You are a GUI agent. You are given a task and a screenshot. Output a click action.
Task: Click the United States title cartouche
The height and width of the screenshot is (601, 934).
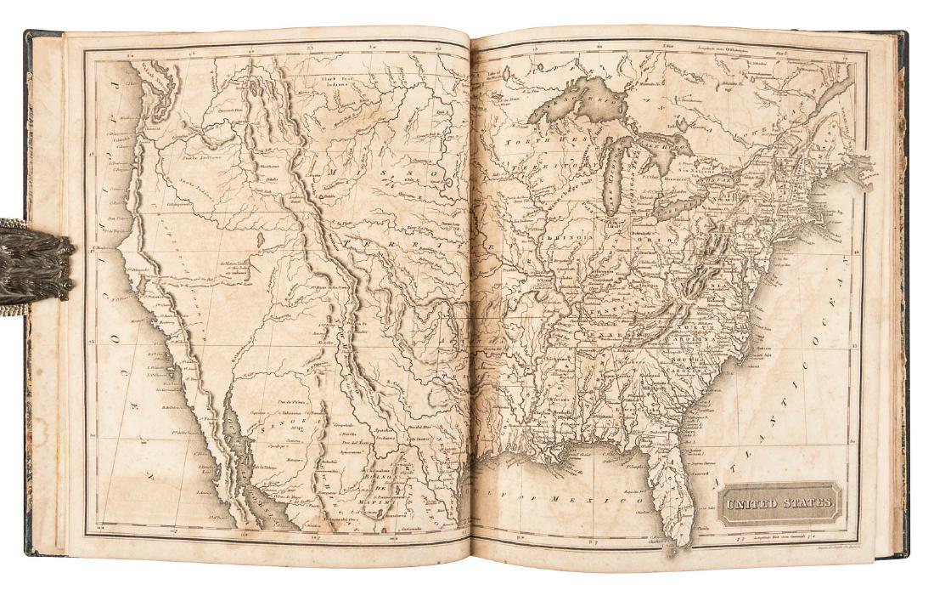(x=779, y=503)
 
